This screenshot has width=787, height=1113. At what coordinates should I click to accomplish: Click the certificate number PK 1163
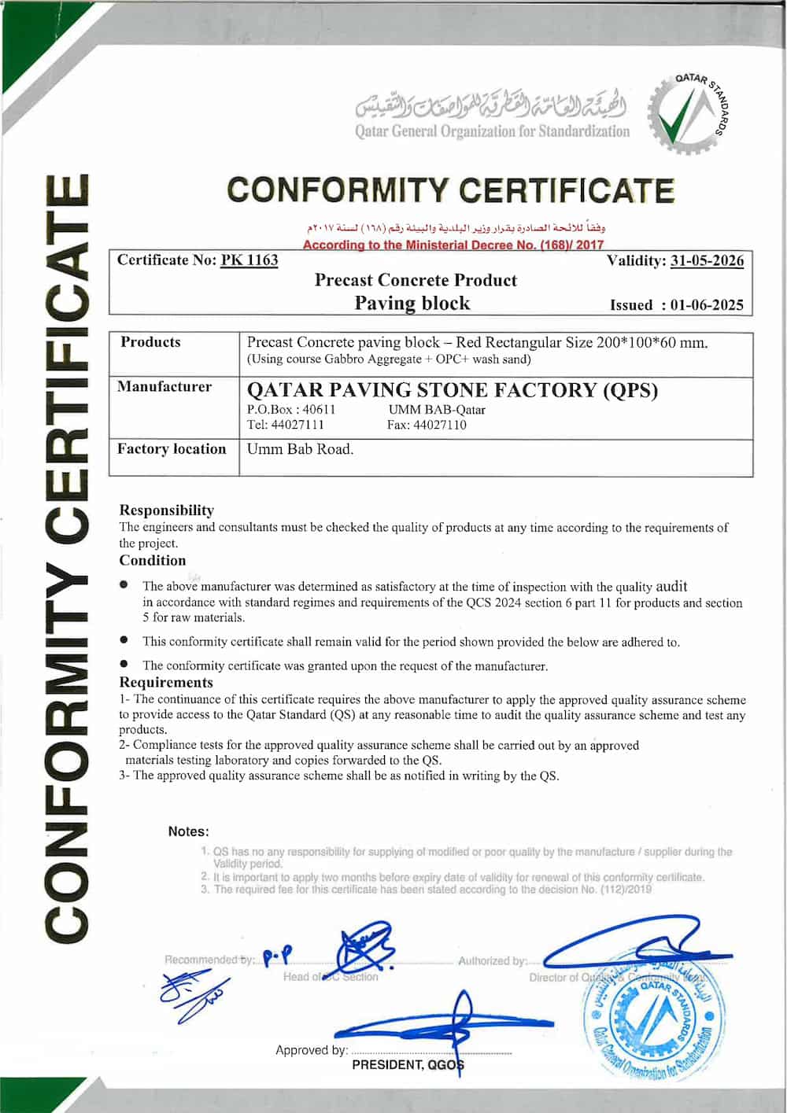[249, 260]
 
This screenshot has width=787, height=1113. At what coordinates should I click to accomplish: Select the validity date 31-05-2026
[707, 260]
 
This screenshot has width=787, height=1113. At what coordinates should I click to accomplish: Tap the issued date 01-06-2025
[707, 305]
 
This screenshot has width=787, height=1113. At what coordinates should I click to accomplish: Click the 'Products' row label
[150, 342]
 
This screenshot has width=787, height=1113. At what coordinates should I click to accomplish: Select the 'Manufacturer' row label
[164, 387]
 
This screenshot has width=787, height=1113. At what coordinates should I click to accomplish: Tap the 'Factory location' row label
[172, 449]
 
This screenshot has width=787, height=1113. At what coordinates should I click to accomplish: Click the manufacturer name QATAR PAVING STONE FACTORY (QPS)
[453, 390]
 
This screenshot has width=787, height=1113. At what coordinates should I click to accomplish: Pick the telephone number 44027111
[297, 425]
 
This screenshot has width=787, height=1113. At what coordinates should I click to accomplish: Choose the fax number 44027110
[439, 425]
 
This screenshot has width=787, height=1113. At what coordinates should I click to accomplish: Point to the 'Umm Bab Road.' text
[300, 449]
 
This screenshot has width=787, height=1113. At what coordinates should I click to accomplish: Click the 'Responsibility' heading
[166, 510]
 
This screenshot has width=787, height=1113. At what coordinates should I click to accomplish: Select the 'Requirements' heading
[166, 682]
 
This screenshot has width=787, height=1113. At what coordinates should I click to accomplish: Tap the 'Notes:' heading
[188, 831]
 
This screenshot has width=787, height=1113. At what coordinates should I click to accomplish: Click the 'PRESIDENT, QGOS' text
[408, 1065]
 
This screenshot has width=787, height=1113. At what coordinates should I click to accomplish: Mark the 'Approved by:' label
[311, 1050]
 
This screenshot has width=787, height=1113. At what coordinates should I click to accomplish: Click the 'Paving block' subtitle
[412, 304]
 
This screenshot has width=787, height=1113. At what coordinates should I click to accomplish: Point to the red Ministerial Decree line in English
[453, 245]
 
